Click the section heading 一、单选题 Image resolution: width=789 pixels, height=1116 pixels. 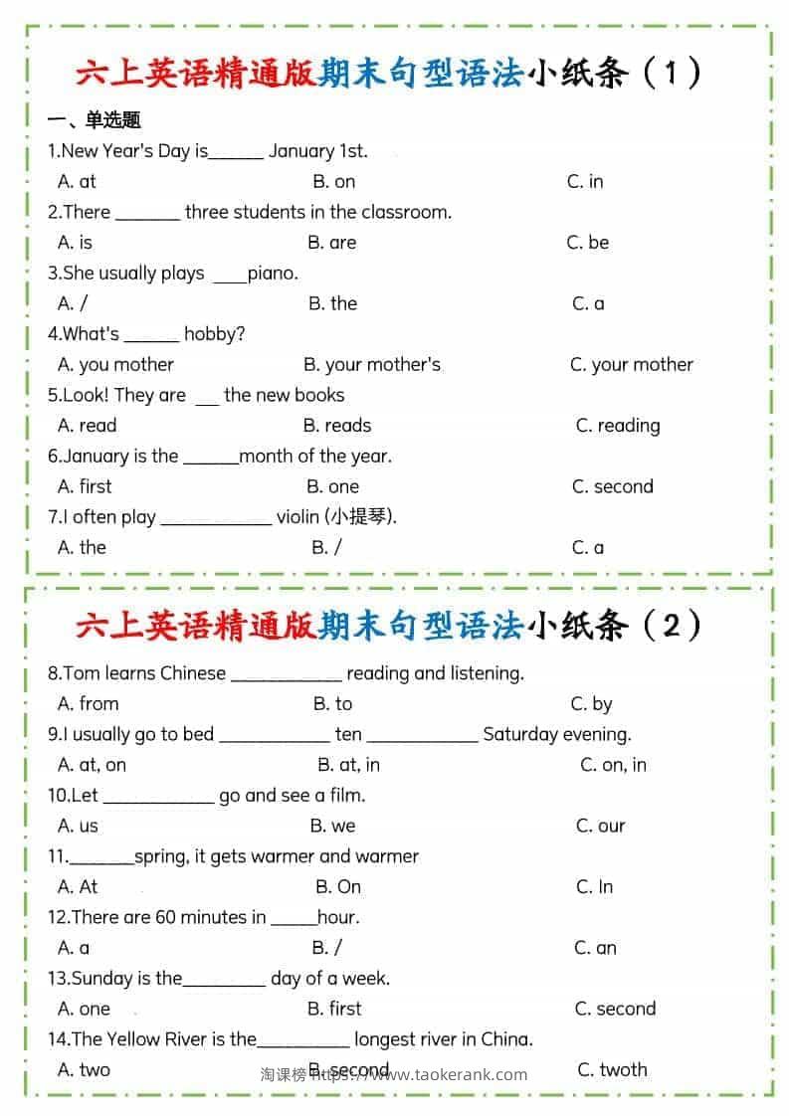[x=95, y=120]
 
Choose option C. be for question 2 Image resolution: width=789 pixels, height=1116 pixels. [x=587, y=242]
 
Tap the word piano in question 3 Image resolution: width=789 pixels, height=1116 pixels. [x=273, y=274]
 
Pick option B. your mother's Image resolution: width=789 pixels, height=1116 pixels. [x=371, y=364]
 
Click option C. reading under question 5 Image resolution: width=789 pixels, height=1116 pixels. [x=617, y=426]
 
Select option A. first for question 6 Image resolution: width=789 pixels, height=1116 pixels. [x=85, y=486]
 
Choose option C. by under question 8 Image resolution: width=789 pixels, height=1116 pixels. [x=591, y=704]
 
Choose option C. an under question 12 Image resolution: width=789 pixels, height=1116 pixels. [x=595, y=948]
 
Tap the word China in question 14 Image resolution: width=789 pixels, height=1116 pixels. [x=506, y=1039]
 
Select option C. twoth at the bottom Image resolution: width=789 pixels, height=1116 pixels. [x=612, y=1070]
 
